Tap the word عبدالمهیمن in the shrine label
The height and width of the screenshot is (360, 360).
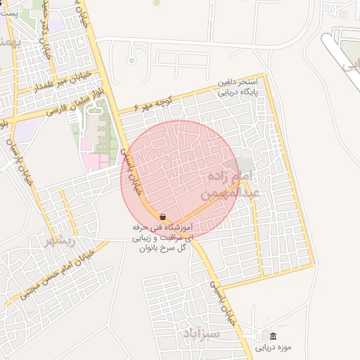point(232,191)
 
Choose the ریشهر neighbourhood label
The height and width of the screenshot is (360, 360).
point(59,241)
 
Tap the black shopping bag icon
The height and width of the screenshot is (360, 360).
point(163,217)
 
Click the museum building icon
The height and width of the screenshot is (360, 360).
point(273,335)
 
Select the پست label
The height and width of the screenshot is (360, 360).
point(11,13)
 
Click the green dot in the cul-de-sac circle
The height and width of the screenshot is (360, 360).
point(131,61)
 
